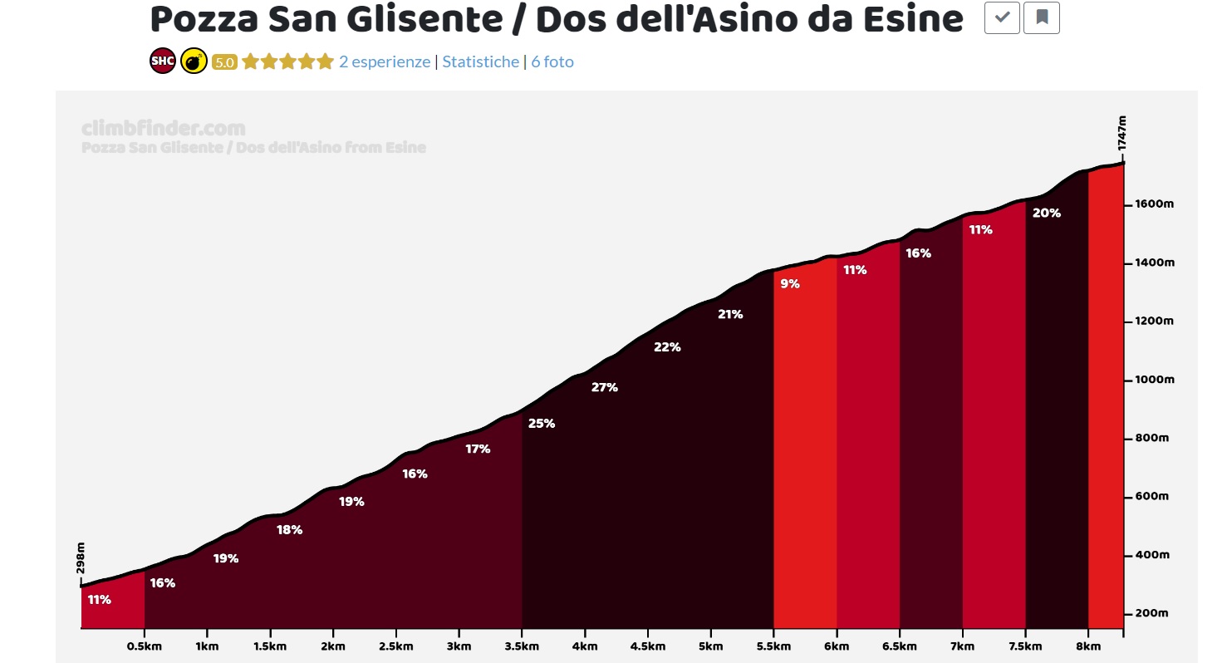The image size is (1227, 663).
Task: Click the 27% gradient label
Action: [x=604, y=387]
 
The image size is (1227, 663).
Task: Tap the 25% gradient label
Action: [x=541, y=424]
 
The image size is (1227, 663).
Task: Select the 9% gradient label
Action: [x=789, y=284]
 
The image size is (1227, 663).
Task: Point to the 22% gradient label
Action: [x=667, y=347]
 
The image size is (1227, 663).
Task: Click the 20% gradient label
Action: [x=1046, y=213]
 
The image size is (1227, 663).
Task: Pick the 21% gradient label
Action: [x=730, y=314]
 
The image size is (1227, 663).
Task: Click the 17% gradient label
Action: [x=478, y=449]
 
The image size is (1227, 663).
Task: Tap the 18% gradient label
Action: [x=289, y=530]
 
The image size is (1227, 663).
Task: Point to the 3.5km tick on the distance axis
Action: [x=522, y=646]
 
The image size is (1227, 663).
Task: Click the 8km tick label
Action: [x=1088, y=646]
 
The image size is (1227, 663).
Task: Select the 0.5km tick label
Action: [x=145, y=646]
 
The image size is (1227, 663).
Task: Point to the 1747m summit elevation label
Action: [x=1121, y=135]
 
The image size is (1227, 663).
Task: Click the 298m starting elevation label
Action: [x=81, y=558]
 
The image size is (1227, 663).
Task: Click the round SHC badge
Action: [x=162, y=61]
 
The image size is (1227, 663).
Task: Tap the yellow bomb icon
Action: [x=194, y=61]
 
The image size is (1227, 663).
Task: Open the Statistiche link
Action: [x=480, y=61]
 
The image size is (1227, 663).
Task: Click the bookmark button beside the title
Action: [x=1042, y=17]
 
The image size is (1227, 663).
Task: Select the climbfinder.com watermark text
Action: [x=164, y=129]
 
